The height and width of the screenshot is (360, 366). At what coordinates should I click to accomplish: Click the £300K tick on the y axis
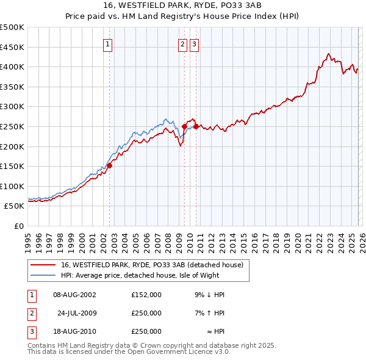(x=12, y=107)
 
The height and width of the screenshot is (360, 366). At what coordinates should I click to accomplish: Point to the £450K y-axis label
(x=12, y=47)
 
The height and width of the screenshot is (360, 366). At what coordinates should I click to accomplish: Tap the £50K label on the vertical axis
(x=14, y=206)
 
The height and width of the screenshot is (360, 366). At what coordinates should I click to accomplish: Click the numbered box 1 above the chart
(x=108, y=43)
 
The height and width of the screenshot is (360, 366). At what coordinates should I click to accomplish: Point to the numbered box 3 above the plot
(x=195, y=43)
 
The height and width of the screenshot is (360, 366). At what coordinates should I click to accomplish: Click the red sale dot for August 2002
(x=110, y=165)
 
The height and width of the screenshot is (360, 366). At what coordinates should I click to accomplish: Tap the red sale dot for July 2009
(x=184, y=126)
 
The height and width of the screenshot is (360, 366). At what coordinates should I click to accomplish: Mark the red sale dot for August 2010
(x=196, y=126)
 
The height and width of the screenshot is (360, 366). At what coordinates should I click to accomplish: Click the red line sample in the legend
(x=44, y=265)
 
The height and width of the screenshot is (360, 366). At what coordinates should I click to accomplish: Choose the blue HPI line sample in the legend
(x=44, y=275)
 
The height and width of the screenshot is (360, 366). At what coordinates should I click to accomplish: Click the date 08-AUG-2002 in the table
(x=75, y=295)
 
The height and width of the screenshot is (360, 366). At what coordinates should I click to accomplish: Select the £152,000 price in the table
(x=146, y=295)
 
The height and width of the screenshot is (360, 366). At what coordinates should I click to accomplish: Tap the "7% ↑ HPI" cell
(x=210, y=313)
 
